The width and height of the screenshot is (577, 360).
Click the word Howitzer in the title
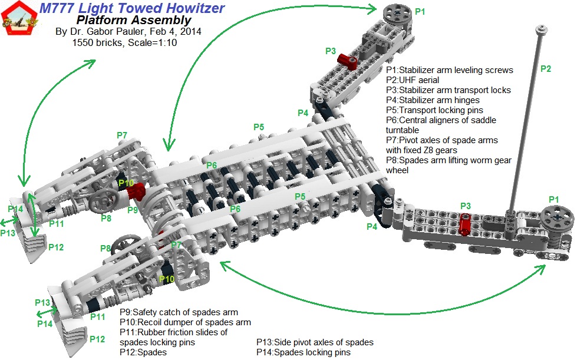point(192,8)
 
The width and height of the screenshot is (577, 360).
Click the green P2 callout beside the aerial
point(546,69)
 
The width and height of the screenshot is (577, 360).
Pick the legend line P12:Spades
point(143,352)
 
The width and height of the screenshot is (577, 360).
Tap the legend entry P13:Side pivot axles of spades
point(315,342)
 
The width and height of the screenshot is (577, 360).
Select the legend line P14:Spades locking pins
point(303,352)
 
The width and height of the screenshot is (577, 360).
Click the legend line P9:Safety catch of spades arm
point(179,312)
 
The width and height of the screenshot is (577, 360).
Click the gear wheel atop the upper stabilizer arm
point(395,14)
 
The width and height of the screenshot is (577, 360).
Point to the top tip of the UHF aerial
point(539,28)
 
